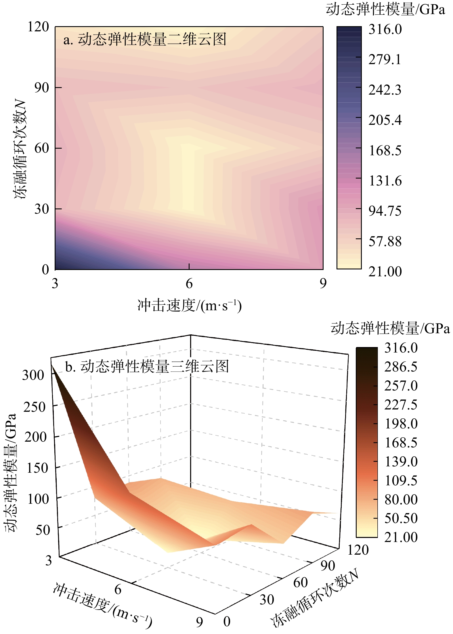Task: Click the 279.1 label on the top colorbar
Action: point(385,60)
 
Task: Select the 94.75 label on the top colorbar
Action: point(385,211)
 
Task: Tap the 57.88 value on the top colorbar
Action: point(385,241)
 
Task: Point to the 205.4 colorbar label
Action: point(385,120)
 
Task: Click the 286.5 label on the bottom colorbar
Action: point(401,367)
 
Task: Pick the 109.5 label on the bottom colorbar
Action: point(401,480)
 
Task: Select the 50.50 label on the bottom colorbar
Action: point(401,518)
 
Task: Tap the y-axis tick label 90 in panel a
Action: point(42,88)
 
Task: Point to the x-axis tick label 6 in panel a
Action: point(189,284)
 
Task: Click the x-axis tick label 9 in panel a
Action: point(323,284)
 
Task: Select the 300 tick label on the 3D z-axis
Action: point(33,375)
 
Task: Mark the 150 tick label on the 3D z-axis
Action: point(37,468)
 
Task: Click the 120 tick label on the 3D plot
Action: point(358,550)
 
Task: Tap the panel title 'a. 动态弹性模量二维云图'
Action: point(145,39)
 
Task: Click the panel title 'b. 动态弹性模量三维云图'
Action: point(147,367)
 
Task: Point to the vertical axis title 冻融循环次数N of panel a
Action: point(21,150)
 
